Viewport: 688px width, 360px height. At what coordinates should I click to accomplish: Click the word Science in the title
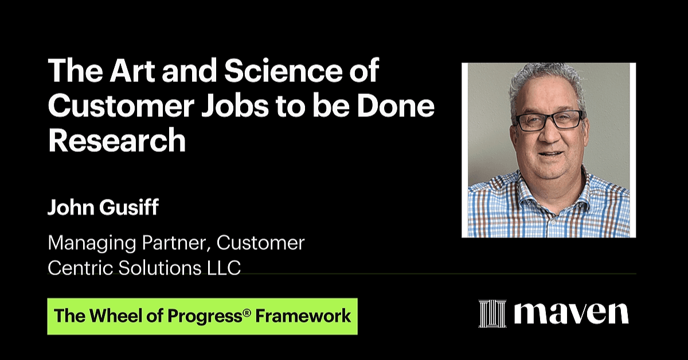pyautogui.click(x=283, y=71)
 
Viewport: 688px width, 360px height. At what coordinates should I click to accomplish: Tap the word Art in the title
pyautogui.click(x=132, y=71)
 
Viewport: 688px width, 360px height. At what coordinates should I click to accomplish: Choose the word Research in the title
pyautogui.click(x=117, y=140)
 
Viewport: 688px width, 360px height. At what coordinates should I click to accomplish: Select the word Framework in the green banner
pyautogui.click(x=303, y=316)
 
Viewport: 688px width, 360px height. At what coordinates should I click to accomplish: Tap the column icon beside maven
pyautogui.click(x=492, y=314)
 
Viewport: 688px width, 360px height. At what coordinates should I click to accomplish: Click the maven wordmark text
pyautogui.click(x=572, y=314)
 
